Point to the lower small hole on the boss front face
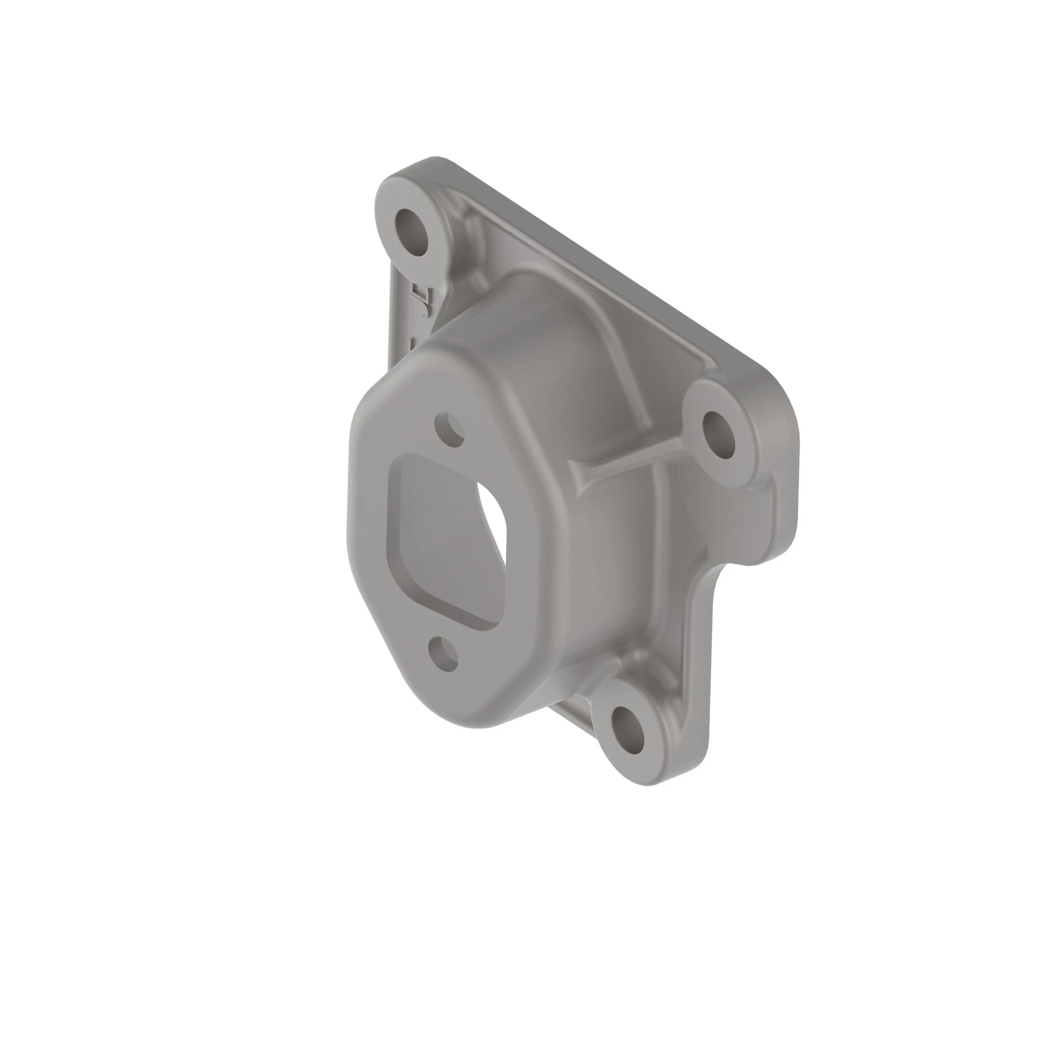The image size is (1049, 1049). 443,654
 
